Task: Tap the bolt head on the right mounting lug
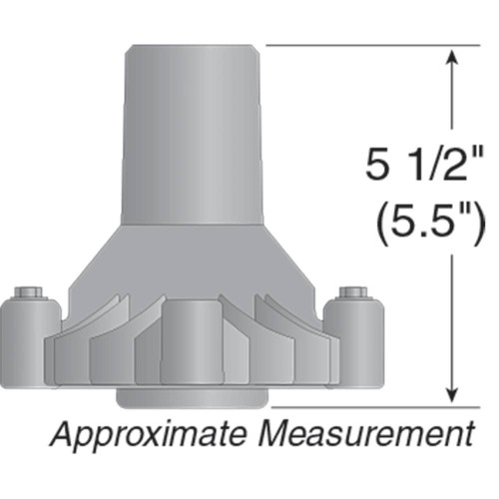[x=352, y=291]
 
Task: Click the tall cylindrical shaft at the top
[x=192, y=130]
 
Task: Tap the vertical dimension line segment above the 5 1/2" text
[x=455, y=100]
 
